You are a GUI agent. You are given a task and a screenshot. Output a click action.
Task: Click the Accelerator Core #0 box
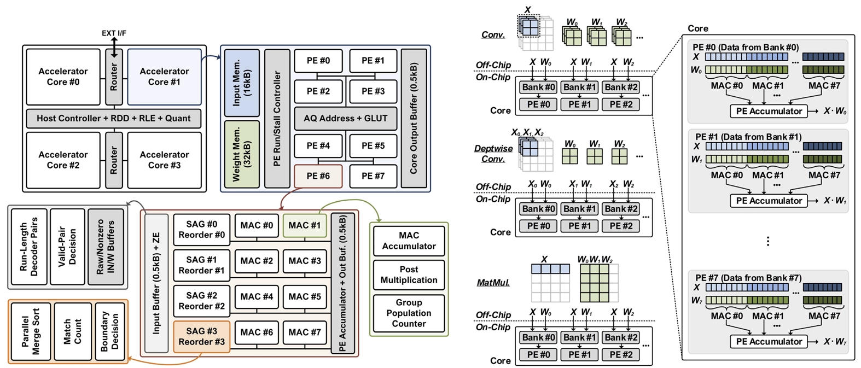(x=63, y=77)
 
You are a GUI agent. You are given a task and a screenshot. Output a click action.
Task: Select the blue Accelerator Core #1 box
(x=164, y=77)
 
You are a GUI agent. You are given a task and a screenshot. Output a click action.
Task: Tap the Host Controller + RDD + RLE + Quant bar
(x=113, y=118)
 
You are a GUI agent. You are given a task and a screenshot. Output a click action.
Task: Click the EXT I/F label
(x=114, y=33)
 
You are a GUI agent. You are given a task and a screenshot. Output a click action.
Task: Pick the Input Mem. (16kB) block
(x=241, y=83)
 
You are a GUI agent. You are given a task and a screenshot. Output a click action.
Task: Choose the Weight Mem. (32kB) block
(x=241, y=154)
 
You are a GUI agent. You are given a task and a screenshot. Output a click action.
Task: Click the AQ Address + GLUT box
(x=345, y=118)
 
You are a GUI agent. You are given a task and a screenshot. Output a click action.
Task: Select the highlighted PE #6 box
(x=318, y=176)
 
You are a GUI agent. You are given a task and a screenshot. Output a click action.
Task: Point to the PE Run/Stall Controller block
(x=277, y=118)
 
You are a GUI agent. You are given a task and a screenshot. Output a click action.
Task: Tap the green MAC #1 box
(x=304, y=225)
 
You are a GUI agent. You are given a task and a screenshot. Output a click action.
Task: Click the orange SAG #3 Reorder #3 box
(x=201, y=337)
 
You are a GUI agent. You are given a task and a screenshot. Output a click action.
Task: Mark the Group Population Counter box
(x=409, y=313)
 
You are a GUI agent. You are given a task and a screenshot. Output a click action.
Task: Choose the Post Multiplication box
(x=409, y=274)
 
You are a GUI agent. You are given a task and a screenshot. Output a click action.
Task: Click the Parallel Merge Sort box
(x=31, y=332)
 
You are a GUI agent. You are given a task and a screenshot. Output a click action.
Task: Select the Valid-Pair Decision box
(x=67, y=247)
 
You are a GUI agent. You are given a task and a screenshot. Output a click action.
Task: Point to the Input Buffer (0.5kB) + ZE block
(x=156, y=283)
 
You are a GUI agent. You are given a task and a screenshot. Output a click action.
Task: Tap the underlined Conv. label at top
(x=493, y=34)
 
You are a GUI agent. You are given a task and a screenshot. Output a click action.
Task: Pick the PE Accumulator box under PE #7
(x=769, y=342)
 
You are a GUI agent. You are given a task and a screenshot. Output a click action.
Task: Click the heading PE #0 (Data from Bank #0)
(x=746, y=48)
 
